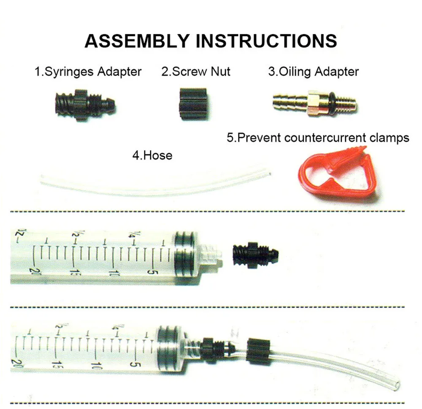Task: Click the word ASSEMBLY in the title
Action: pos(137,41)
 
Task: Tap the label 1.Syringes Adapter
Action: pos(88,72)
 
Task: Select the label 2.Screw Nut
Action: pos(196,72)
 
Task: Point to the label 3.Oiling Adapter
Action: pos(314,72)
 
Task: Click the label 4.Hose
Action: pos(152,155)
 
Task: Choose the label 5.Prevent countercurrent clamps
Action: pos(318,138)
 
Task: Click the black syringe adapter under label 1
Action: pos(85,105)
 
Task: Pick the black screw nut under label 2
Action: pos(193,104)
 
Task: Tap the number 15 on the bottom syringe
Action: pos(56,365)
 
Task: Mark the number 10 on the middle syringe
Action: pos(113,273)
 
